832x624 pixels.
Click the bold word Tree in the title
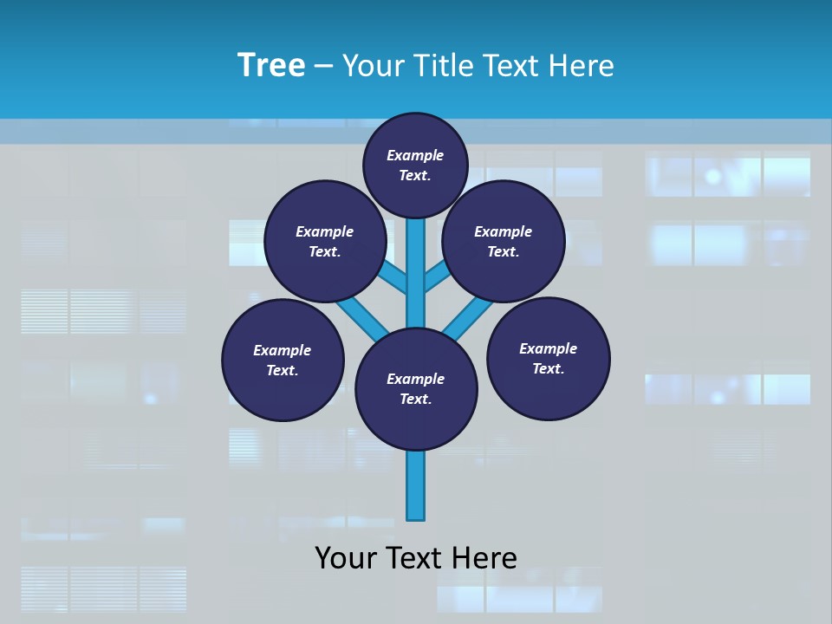pos(271,66)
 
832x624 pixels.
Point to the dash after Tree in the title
pos(322,67)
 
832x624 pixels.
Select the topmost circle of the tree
pos(415,165)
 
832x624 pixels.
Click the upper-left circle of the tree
pos(325,241)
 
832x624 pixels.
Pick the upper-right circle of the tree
pos(504,241)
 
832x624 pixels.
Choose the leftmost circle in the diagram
pos(283,360)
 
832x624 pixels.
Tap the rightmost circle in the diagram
pos(549,358)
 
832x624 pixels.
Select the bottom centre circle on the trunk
pos(416,389)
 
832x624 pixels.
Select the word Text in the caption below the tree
pos(419,558)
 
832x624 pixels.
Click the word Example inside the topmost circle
pos(415,155)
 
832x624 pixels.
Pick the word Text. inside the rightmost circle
pos(549,368)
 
